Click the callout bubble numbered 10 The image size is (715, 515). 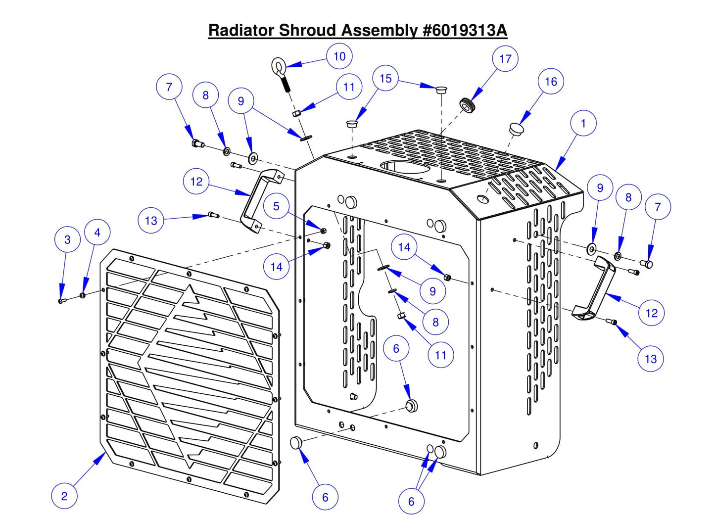pyautogui.click(x=339, y=56)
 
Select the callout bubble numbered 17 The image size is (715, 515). pyautogui.click(x=505, y=59)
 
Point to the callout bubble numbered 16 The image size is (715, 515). pyautogui.click(x=550, y=82)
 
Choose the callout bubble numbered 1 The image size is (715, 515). pyautogui.click(x=583, y=123)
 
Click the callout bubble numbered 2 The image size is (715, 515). pyautogui.click(x=64, y=496)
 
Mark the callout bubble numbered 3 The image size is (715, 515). pyautogui.click(x=67, y=239)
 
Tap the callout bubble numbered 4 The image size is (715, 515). pyautogui.click(x=97, y=233)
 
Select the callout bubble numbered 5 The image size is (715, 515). pyautogui.click(x=276, y=206)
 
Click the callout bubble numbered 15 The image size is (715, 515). pyautogui.click(x=385, y=79)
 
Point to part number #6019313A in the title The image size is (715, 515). pyautogui.click(x=465, y=30)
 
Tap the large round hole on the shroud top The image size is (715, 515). pyautogui.click(x=405, y=166)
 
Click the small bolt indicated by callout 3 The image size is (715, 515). pyautogui.click(x=61, y=300)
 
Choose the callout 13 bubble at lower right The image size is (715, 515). pyautogui.click(x=650, y=359)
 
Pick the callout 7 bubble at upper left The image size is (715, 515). pyautogui.click(x=169, y=87)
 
